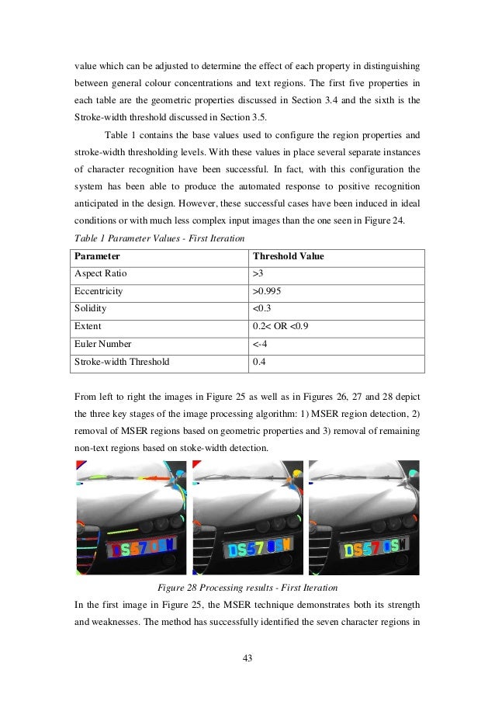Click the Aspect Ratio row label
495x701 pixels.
click(x=100, y=274)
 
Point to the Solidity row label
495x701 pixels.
click(x=90, y=310)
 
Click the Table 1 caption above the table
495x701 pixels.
click(x=158, y=238)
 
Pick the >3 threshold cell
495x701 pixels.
click(x=258, y=274)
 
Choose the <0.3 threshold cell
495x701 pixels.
click(x=261, y=310)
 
